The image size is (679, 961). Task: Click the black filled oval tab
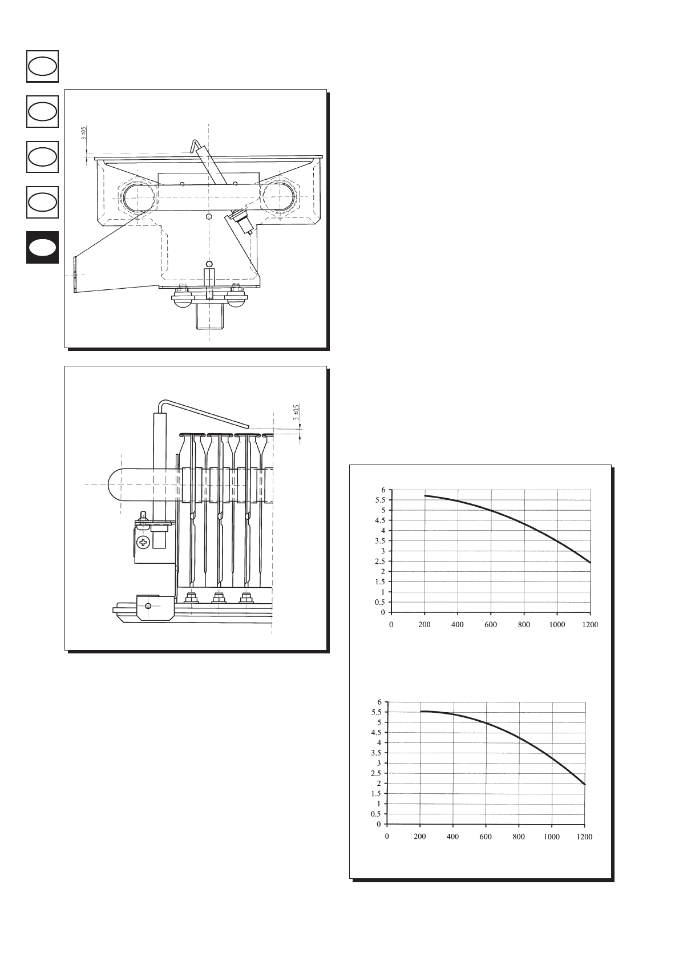[42, 248]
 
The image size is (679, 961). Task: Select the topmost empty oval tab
[42, 67]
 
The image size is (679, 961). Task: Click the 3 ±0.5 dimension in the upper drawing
[84, 132]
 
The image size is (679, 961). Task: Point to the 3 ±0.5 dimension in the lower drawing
[296, 412]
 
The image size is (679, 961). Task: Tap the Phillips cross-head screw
[143, 543]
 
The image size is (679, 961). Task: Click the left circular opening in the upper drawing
[138, 198]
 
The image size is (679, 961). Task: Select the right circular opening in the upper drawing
[279, 198]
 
